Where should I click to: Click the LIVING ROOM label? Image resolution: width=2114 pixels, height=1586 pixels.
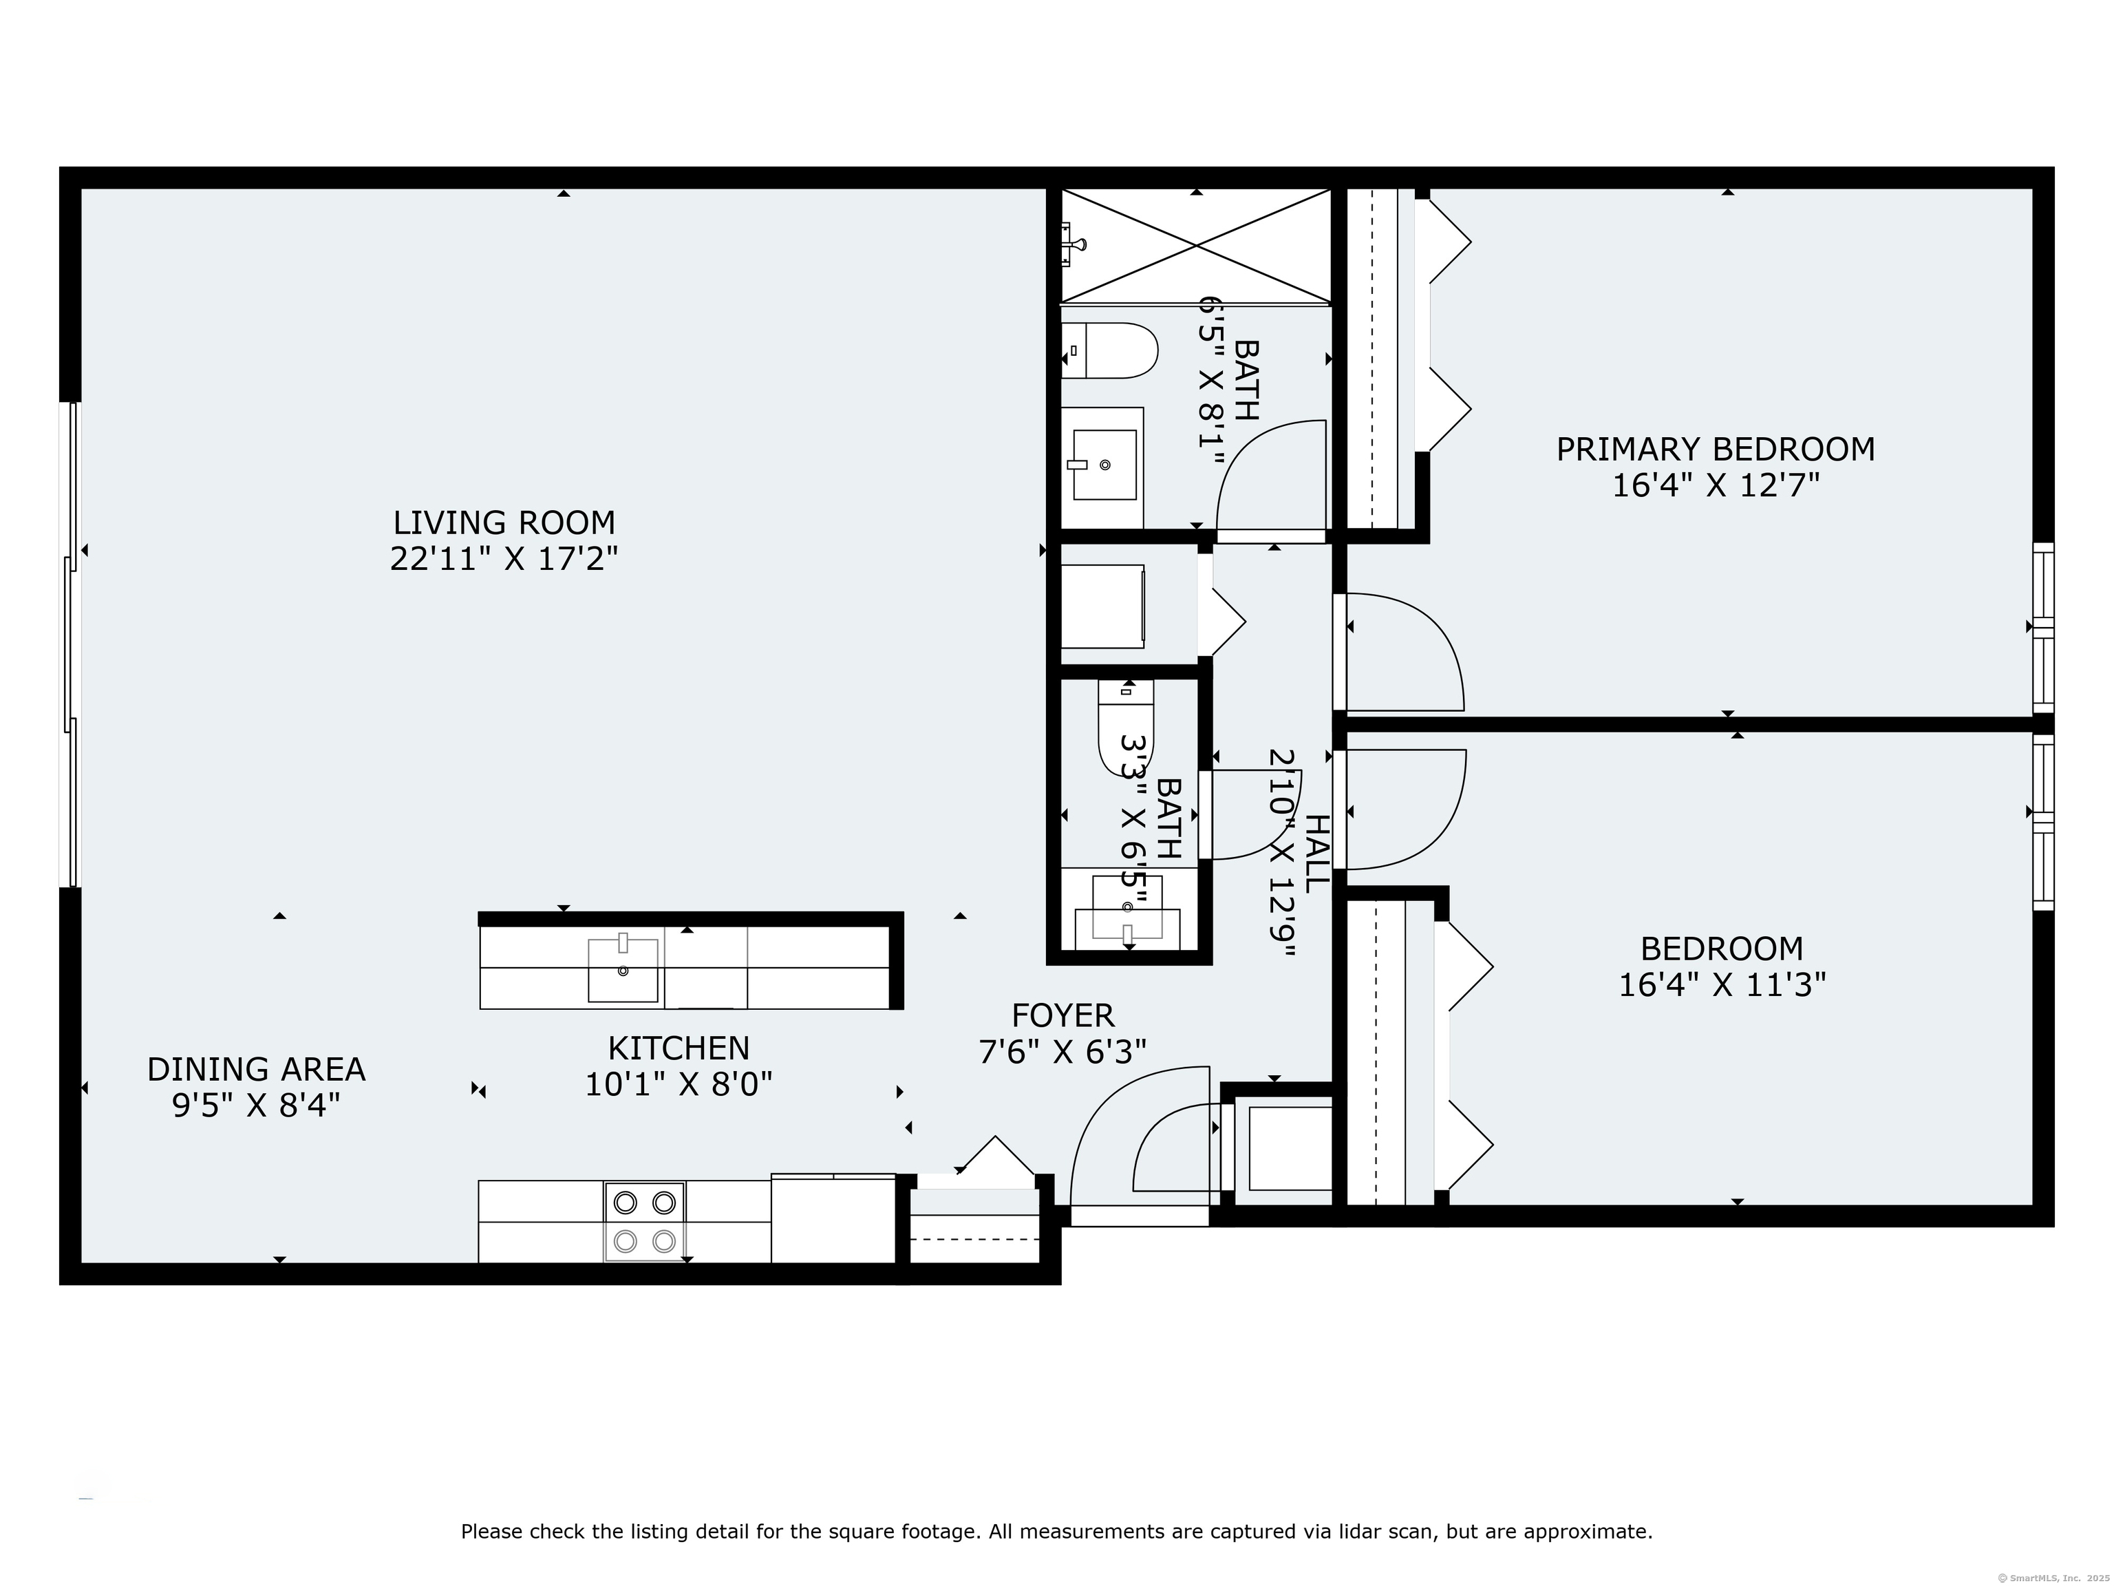point(504,523)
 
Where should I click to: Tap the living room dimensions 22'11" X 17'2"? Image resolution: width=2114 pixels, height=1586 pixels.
point(504,559)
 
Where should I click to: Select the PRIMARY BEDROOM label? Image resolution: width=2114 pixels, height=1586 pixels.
point(1716,450)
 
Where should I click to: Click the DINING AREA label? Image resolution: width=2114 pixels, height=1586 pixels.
point(256,1069)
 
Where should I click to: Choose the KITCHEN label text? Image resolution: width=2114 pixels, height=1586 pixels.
point(679,1048)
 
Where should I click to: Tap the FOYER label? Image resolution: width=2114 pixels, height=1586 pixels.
point(1063,1015)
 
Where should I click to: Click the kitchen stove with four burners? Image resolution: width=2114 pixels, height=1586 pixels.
point(644,1222)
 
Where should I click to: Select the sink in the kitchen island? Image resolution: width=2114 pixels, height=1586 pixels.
point(623,969)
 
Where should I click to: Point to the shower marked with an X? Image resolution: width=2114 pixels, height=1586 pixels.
point(1195,246)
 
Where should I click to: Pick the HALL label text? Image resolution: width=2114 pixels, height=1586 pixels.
point(1316,854)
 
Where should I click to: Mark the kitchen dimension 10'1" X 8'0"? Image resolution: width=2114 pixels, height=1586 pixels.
point(679,1085)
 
